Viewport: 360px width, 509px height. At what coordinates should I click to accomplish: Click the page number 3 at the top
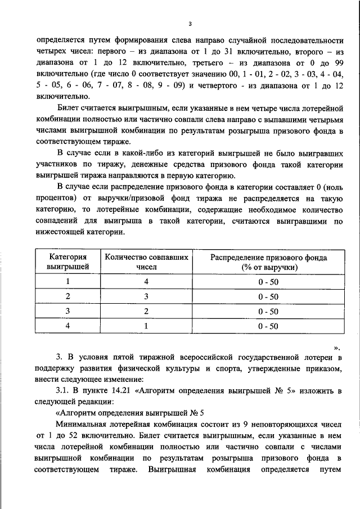[190, 24]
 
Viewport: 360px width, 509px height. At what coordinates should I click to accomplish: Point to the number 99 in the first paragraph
[337, 63]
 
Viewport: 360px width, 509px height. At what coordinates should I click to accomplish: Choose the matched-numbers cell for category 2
[146, 296]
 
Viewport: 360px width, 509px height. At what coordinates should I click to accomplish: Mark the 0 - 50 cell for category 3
[269, 311]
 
